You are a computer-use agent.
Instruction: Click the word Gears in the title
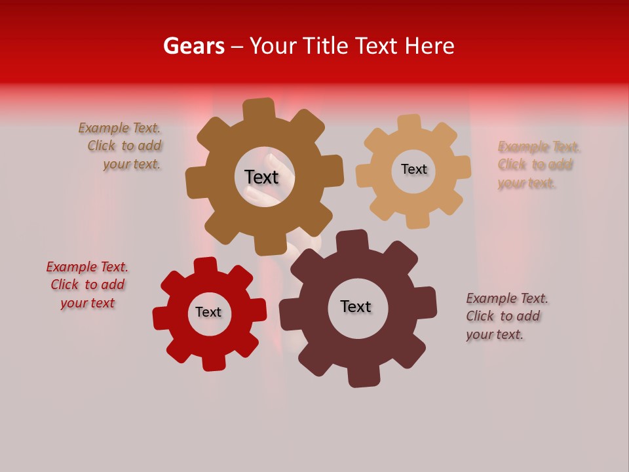point(193,46)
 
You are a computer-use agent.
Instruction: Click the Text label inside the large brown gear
point(261,177)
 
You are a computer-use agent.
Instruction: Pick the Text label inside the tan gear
point(413,169)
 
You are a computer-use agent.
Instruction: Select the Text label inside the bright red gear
point(208,312)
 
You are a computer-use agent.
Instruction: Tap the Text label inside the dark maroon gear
point(356,306)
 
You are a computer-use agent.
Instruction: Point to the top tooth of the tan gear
point(409,123)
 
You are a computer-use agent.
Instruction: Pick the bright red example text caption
point(87,285)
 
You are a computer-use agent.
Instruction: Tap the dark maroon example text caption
point(506,317)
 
